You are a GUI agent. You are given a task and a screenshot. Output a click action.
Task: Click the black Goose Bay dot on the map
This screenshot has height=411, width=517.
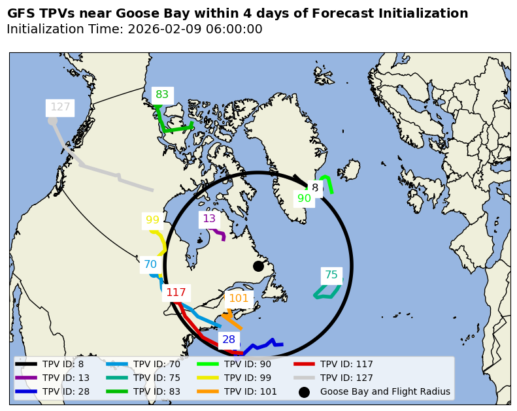[258, 266]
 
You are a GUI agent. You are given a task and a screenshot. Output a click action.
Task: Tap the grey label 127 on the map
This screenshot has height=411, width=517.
[60, 107]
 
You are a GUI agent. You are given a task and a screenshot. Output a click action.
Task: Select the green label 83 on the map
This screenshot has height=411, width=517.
[162, 95]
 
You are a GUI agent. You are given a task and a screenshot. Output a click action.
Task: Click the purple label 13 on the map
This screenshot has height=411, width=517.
[209, 219]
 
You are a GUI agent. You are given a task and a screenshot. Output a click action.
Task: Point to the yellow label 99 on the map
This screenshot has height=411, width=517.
[152, 220]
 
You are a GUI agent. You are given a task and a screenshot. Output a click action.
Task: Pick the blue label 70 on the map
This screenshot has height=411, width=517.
[150, 265]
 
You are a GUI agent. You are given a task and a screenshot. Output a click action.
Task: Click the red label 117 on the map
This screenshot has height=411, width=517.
[176, 293]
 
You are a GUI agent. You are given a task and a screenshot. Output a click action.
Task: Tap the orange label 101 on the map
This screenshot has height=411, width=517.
[239, 299]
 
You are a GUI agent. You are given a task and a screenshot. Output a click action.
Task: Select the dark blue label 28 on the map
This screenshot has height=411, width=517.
[229, 340]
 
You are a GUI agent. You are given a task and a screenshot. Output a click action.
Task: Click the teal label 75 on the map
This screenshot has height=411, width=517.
[331, 275]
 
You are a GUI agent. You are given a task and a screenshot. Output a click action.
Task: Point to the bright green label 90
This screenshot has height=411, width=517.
[305, 199]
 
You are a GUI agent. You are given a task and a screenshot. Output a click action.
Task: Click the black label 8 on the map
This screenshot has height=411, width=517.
[315, 188]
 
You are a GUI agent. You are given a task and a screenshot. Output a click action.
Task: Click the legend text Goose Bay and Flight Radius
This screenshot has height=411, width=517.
[385, 392]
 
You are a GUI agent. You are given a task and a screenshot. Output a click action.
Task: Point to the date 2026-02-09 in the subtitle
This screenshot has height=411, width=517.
[161, 29]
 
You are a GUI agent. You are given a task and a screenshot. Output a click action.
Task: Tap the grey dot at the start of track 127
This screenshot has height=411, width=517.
[52, 121]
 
